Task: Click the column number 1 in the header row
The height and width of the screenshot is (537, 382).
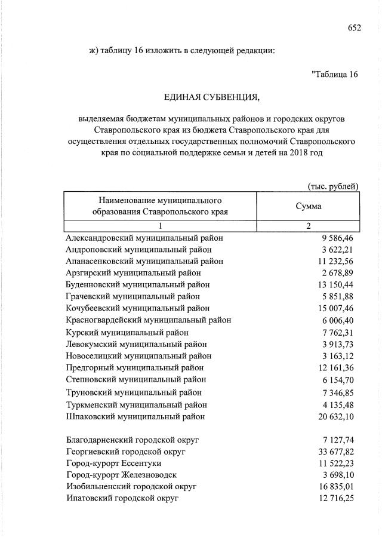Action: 161,226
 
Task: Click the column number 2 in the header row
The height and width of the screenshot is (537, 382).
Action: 309,226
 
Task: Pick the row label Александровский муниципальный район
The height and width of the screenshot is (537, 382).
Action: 140,238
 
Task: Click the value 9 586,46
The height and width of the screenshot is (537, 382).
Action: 337,238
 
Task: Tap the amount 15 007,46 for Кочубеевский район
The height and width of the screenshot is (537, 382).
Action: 335,308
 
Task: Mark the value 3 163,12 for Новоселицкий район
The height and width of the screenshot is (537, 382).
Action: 337,356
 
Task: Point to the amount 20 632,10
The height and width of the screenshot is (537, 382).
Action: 335,416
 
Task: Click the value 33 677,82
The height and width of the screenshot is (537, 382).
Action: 335,451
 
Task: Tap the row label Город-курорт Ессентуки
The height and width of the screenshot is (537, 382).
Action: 115,463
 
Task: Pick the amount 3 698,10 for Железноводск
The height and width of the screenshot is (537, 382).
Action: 337,475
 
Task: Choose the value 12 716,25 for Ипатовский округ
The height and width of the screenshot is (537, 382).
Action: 335,498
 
